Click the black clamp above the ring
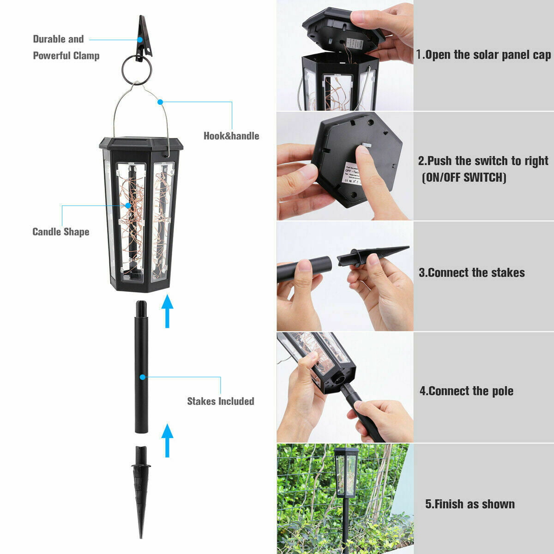click(x=144, y=35)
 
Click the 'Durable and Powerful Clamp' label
click(x=66, y=47)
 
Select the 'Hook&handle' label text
click(x=231, y=136)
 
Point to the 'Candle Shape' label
click(x=60, y=232)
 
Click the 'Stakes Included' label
click(x=220, y=401)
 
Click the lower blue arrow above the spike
click(x=167, y=440)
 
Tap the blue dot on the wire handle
click(x=160, y=102)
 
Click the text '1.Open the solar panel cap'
click(x=483, y=55)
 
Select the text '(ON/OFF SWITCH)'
click(x=464, y=177)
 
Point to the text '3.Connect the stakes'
click(x=471, y=272)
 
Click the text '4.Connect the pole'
click(x=466, y=391)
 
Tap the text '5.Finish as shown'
click(x=470, y=504)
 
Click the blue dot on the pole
click(x=143, y=377)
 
